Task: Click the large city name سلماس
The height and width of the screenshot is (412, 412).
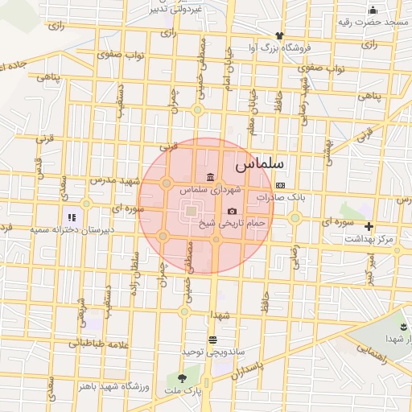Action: tap(266, 163)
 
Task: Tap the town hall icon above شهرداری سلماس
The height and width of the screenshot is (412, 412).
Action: tap(210, 177)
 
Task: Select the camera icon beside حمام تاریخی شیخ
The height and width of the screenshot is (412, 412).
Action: tap(233, 211)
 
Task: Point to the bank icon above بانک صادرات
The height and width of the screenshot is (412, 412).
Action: tap(279, 184)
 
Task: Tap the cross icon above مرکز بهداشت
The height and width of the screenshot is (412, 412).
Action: tap(369, 227)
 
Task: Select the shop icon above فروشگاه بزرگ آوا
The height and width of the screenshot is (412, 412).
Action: tap(279, 35)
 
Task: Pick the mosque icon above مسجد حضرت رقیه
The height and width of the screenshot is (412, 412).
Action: tap(373, 10)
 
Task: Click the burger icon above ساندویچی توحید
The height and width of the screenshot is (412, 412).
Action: tap(212, 340)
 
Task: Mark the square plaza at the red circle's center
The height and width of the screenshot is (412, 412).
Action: tap(191, 211)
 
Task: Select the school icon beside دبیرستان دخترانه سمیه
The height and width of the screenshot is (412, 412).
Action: tap(71, 216)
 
